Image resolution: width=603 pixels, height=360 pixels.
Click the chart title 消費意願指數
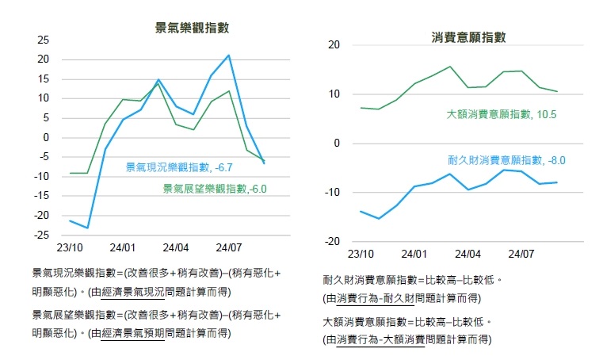point(468,36)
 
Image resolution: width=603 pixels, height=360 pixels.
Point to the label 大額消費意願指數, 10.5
point(500,115)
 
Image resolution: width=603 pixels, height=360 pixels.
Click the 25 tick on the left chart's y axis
point(44,40)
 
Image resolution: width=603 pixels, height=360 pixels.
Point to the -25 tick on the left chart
point(41,236)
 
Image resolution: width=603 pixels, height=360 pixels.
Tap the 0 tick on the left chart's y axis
point(47,138)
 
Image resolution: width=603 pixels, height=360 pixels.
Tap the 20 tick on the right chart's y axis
point(334,45)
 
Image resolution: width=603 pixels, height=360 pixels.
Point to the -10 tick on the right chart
point(331,193)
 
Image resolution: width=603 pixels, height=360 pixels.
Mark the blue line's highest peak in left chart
point(229,56)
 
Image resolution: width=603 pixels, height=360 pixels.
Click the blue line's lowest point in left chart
point(87,228)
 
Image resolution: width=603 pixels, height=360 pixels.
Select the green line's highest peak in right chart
point(450,67)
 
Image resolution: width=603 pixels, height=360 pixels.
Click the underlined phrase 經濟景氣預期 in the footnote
point(132,334)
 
